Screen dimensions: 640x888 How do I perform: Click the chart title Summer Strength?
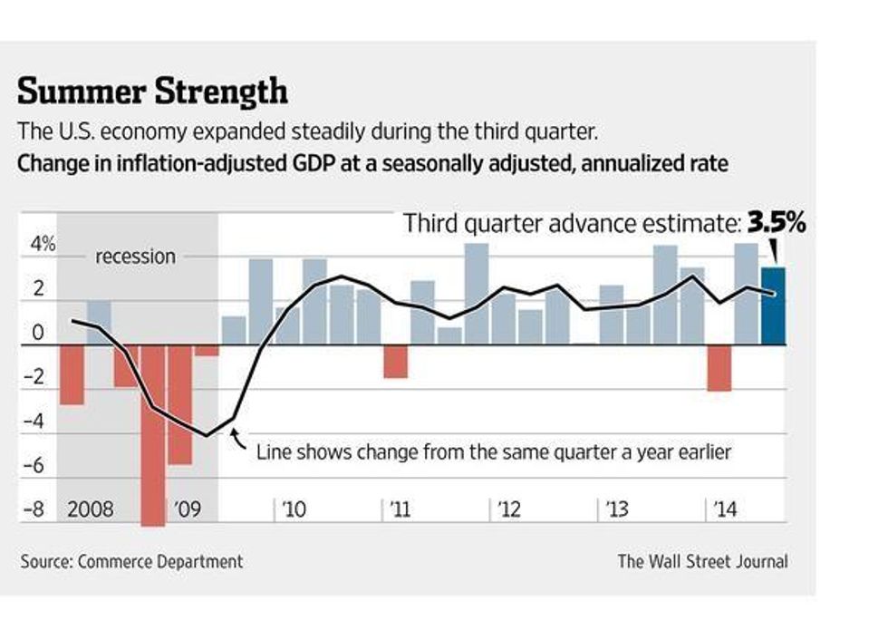(152, 92)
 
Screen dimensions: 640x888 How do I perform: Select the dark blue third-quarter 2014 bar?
(773, 305)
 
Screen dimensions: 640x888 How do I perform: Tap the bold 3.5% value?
(775, 223)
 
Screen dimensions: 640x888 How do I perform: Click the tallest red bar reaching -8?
(153, 435)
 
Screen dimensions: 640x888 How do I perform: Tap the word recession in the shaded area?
(135, 257)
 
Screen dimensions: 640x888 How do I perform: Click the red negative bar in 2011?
(395, 361)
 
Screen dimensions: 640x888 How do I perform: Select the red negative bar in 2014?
(719, 367)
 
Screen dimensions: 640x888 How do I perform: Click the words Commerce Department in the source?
(160, 561)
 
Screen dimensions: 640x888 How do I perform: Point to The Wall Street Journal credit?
(702, 561)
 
